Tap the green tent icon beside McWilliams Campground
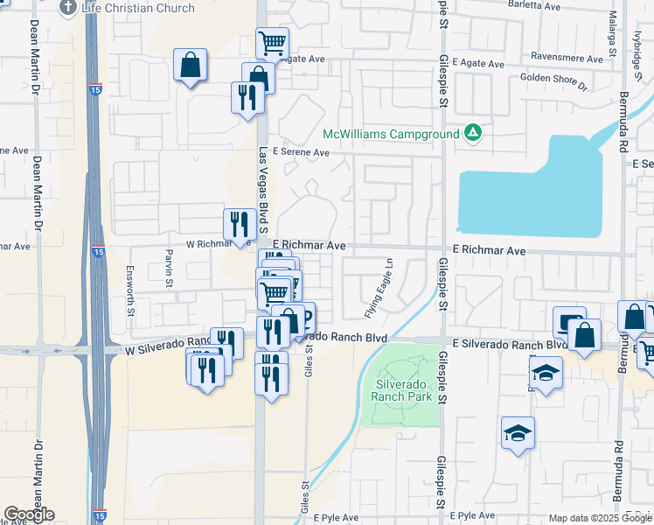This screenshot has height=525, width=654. pyautogui.click(x=473, y=133)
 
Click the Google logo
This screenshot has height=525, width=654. pyautogui.click(x=29, y=514)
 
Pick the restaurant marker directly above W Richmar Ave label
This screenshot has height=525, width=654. pyautogui.click(x=240, y=224)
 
